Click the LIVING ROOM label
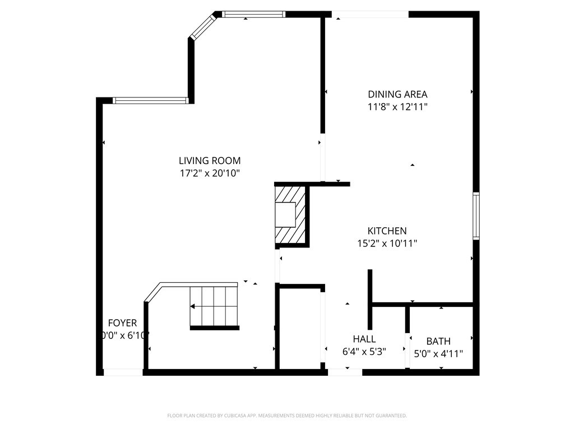click(x=210, y=161)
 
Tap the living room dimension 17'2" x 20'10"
click(x=210, y=174)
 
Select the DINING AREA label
click(x=397, y=94)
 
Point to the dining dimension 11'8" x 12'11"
click(x=397, y=106)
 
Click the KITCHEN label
click(x=387, y=231)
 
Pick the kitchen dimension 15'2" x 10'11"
click(x=387, y=243)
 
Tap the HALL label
click(x=364, y=339)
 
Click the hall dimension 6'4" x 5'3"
click(x=364, y=352)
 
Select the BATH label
click(x=438, y=341)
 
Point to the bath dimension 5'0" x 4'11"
click(x=438, y=354)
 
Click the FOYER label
click(x=122, y=323)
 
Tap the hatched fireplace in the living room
click(x=291, y=216)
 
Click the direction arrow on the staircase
click(x=193, y=306)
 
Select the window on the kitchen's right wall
click(x=476, y=216)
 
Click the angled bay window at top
click(x=203, y=27)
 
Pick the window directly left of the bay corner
click(x=150, y=101)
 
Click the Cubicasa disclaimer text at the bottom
click(x=287, y=415)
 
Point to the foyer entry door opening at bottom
click(x=123, y=372)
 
